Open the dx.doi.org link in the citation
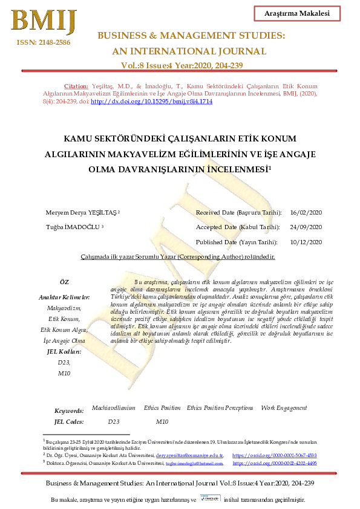point(151,102)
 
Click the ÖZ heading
point(64,283)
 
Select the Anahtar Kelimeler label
point(64,297)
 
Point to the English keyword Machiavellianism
point(113,409)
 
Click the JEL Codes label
point(69,422)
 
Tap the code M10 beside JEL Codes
point(162,421)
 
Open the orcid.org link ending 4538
point(275,455)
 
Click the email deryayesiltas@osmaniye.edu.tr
point(189,455)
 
